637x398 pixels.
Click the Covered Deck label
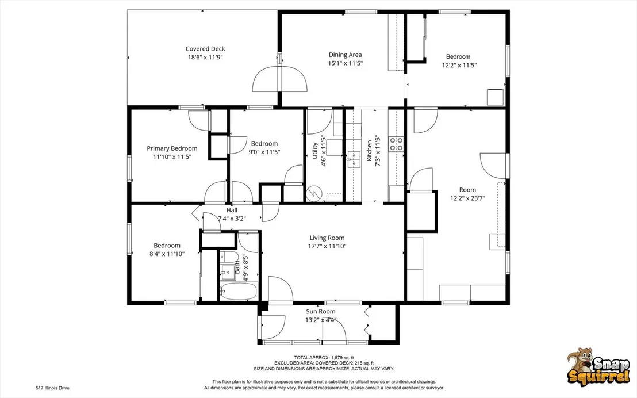pyautogui.click(x=205, y=49)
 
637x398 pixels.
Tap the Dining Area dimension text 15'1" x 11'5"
pyautogui.click(x=346, y=63)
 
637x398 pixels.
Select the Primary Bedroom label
pyautogui.click(x=172, y=148)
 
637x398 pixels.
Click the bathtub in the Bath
pyautogui.click(x=239, y=291)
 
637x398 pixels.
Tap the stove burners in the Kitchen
pyautogui.click(x=396, y=144)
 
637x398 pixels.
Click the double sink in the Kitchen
pyautogui.click(x=354, y=159)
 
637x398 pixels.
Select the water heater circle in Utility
pyautogui.click(x=313, y=193)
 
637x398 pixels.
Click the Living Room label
pyautogui.click(x=327, y=238)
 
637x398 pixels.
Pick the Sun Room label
pyautogui.click(x=321, y=311)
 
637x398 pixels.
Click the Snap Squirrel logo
pyautogui.click(x=598, y=366)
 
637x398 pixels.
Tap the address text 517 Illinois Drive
pyautogui.click(x=53, y=388)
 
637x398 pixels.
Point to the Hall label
pyautogui.click(x=232, y=210)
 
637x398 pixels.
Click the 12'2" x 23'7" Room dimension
pyautogui.click(x=467, y=198)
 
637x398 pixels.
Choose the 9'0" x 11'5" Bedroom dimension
pyautogui.click(x=264, y=152)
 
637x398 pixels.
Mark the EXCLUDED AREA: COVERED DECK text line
pyautogui.click(x=324, y=363)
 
